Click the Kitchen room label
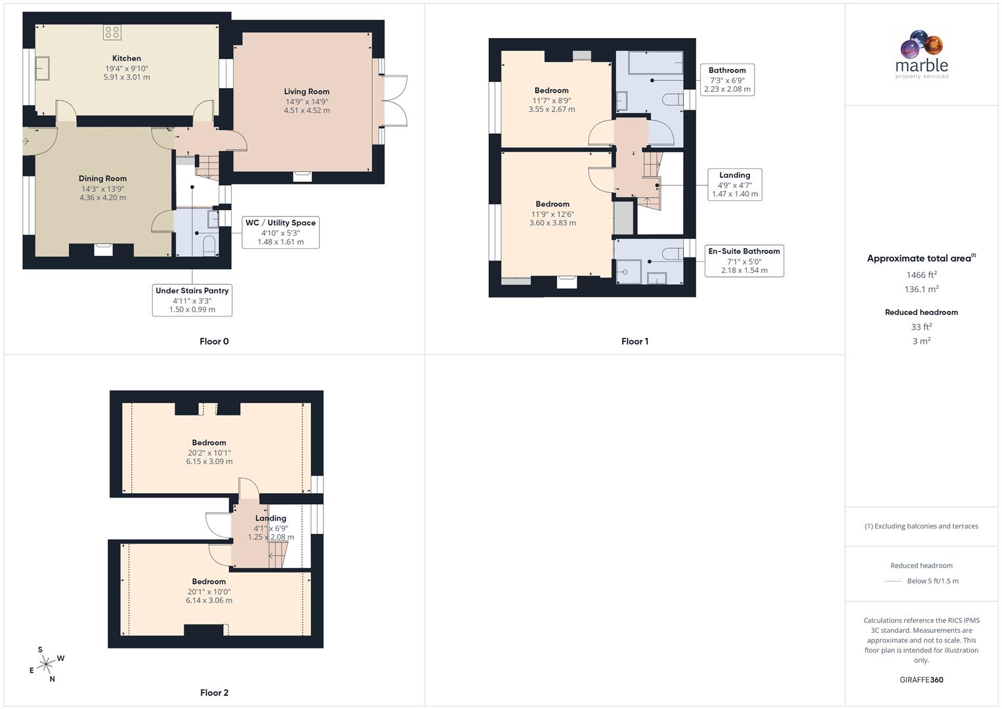pyautogui.click(x=127, y=58)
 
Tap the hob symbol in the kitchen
pyautogui.click(x=112, y=32)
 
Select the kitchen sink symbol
pyautogui.click(x=43, y=68)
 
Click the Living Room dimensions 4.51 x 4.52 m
pyautogui.click(x=306, y=111)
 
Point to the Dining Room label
pyautogui.click(x=102, y=179)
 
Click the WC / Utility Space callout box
pyautogui.click(x=280, y=232)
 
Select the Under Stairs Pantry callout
pyautogui.click(x=192, y=300)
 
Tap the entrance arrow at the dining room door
pyautogui.click(x=26, y=141)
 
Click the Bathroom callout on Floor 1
pyautogui.click(x=727, y=79)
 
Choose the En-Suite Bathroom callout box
pyautogui.click(x=744, y=261)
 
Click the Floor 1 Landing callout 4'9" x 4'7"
pyautogui.click(x=734, y=184)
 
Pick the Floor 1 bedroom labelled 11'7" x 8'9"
pyautogui.click(x=551, y=100)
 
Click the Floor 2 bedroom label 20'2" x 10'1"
pyautogui.click(x=209, y=452)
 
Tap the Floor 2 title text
pyautogui.click(x=214, y=693)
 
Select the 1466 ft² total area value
pyautogui.click(x=921, y=275)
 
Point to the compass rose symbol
pyautogui.click(x=46, y=664)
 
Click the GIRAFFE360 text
pyautogui.click(x=921, y=680)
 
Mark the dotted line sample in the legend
pyautogui.click(x=893, y=581)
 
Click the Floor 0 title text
pyautogui.click(x=214, y=341)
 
